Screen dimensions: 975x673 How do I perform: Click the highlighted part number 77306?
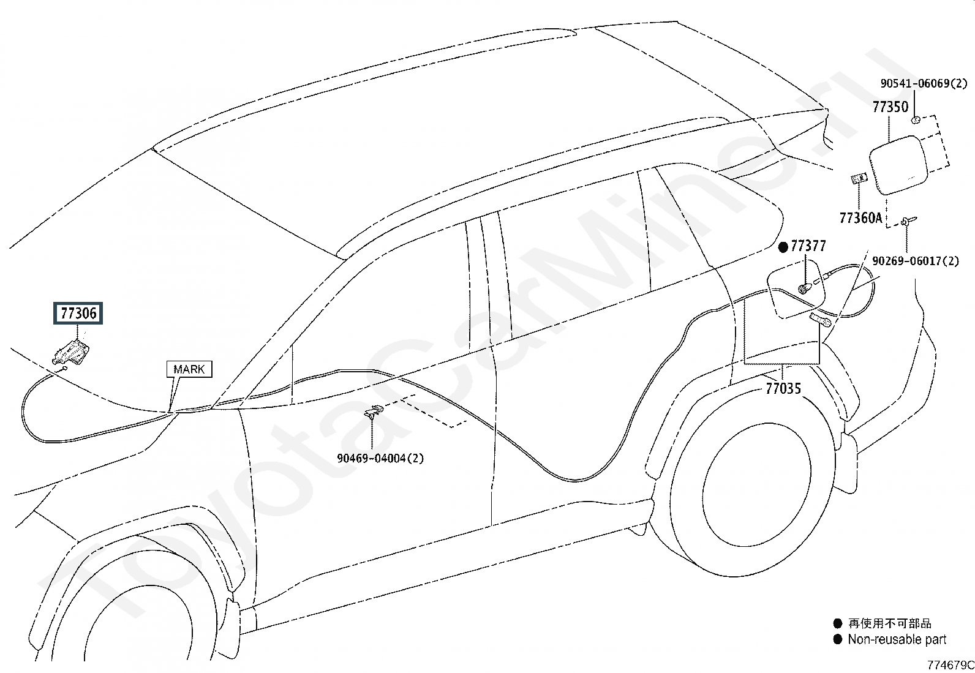click(x=78, y=313)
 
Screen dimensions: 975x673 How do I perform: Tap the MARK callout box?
click(x=189, y=369)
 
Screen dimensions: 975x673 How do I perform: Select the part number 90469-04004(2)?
click(x=380, y=458)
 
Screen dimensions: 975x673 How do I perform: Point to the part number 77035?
click(x=783, y=388)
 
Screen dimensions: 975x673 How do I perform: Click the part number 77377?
click(x=808, y=246)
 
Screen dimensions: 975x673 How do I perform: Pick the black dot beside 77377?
click(x=783, y=247)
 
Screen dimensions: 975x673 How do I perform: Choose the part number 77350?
click(x=890, y=107)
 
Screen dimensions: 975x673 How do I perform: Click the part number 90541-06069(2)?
click(x=924, y=83)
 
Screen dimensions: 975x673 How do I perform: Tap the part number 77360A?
click(x=860, y=217)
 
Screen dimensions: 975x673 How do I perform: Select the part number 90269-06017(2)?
click(x=916, y=261)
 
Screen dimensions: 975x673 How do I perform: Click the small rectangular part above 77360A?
click(x=859, y=178)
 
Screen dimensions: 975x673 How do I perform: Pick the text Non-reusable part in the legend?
click(x=897, y=639)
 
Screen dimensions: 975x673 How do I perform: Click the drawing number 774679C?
click(x=951, y=665)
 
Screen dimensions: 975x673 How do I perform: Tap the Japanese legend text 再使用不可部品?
click(x=889, y=623)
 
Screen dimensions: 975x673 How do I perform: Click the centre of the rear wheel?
click(x=756, y=484)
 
